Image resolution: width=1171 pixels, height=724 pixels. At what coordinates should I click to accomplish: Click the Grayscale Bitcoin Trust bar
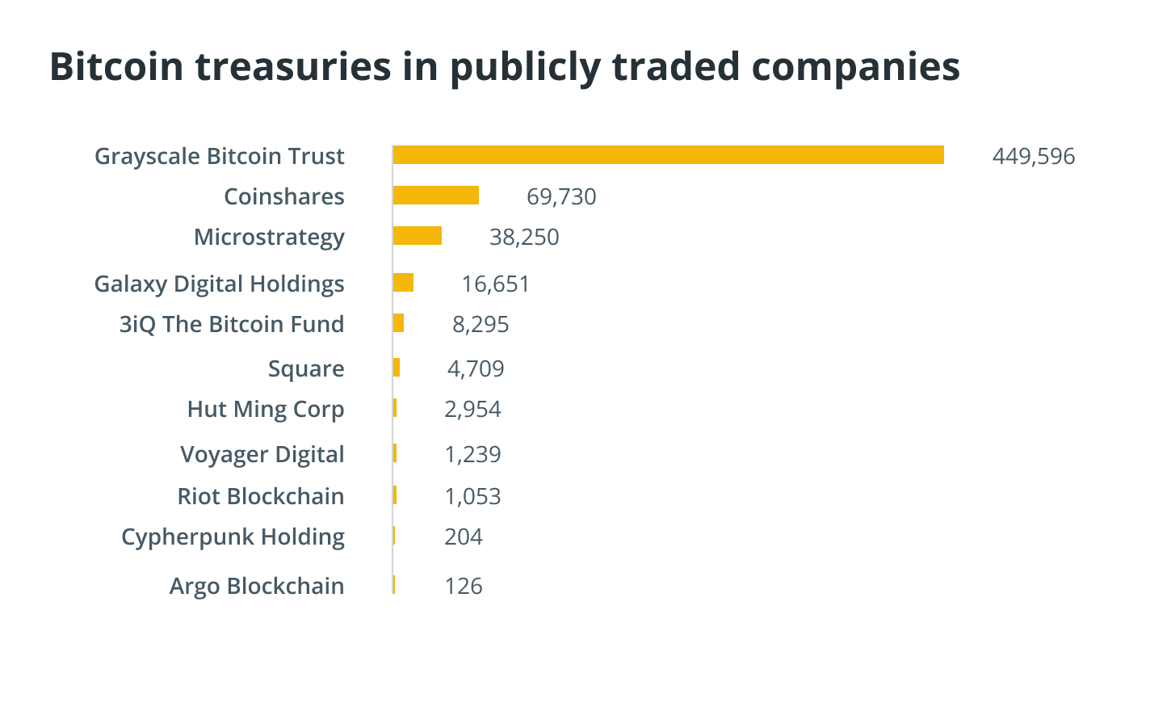[668, 155]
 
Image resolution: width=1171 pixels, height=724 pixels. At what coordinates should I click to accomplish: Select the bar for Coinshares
[435, 196]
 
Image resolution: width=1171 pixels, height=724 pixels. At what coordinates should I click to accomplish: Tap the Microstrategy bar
[417, 236]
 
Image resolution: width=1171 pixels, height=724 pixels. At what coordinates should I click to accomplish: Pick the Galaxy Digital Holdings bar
[403, 283]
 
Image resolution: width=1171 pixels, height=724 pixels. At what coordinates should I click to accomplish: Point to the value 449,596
[1033, 156]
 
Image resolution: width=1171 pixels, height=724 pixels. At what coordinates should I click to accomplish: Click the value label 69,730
[561, 196]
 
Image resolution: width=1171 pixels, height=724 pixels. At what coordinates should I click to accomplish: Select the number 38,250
[524, 237]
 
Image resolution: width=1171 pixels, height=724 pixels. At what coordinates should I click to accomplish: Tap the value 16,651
[495, 284]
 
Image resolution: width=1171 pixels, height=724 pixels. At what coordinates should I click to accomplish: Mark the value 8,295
[481, 324]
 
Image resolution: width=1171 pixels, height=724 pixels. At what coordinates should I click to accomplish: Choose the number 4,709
[476, 368]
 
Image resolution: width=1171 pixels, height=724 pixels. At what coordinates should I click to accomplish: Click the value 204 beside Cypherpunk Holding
[464, 537]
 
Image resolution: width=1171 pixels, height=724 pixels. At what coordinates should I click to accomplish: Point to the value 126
[464, 586]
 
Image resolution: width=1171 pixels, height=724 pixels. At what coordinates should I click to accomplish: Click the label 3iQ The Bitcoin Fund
[232, 324]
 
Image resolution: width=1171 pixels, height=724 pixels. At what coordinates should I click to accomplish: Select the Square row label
[306, 368]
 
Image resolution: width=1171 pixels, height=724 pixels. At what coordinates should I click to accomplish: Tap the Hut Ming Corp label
[266, 409]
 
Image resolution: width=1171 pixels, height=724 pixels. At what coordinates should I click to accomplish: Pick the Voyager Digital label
[262, 454]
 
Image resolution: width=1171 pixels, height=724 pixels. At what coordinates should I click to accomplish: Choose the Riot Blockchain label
[261, 496]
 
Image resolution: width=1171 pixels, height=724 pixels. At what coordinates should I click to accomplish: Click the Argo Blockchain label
[257, 586]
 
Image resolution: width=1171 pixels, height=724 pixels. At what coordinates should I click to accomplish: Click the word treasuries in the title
[293, 66]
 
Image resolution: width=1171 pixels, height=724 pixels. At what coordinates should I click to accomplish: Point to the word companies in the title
[855, 66]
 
